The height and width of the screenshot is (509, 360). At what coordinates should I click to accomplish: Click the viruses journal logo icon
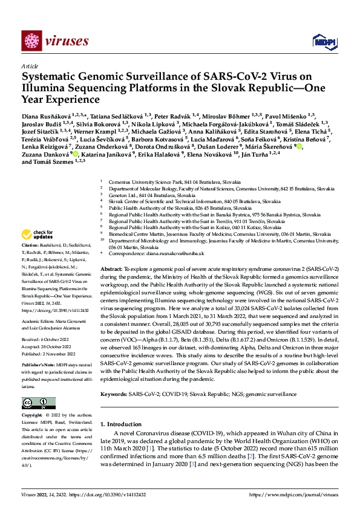pos(30,40)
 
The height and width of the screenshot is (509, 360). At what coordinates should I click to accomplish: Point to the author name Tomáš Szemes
pos(56,162)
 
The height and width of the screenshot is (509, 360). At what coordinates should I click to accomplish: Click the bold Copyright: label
pos(33,416)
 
